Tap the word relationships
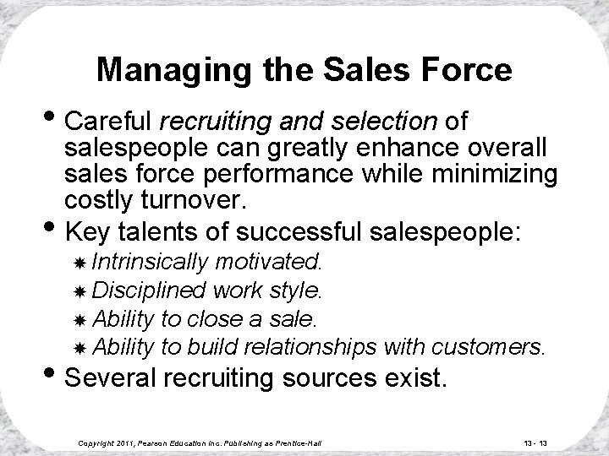coord(310,346)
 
